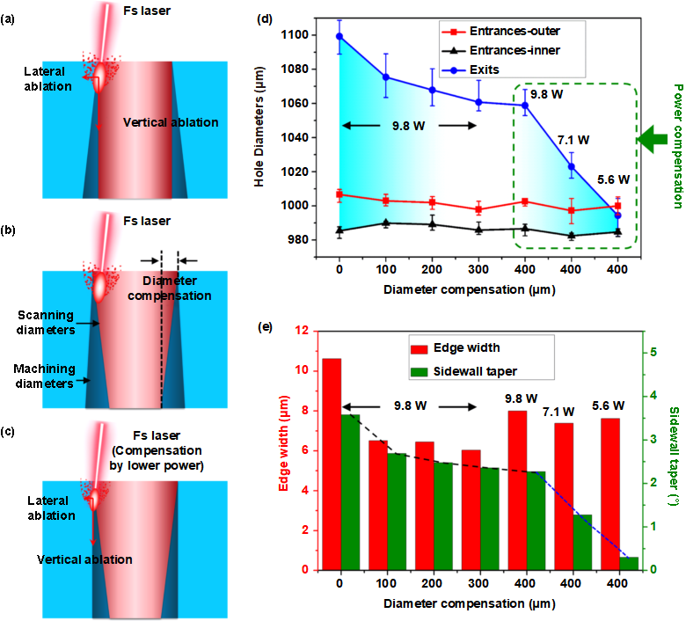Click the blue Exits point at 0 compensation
(x=339, y=36)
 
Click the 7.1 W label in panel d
(x=573, y=140)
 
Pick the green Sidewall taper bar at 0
(x=349, y=492)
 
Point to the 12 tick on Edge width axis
(x=303, y=332)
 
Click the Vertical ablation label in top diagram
(x=171, y=122)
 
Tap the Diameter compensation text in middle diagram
(x=169, y=289)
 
